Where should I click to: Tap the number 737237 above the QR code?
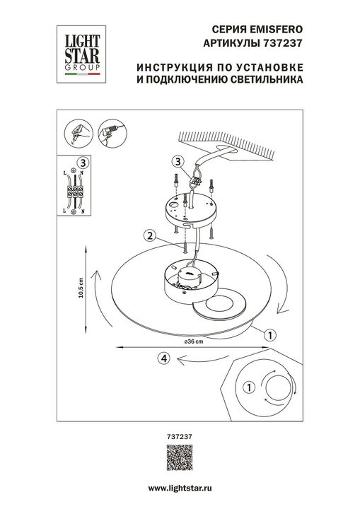[x=173, y=436]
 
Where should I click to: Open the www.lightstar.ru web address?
[x=180, y=489]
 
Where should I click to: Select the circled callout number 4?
[x=164, y=358]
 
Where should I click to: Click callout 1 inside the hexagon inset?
[x=248, y=387]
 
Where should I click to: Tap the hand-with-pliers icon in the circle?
[x=77, y=133]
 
